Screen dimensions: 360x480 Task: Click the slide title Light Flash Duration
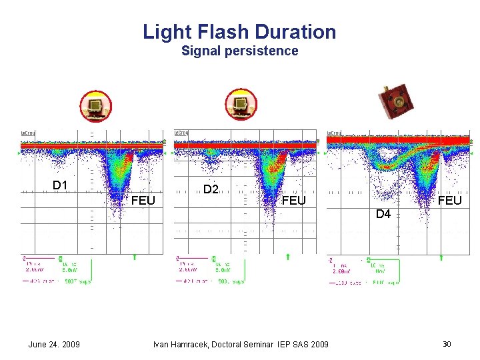pyautogui.click(x=239, y=31)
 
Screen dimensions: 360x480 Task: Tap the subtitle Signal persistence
pyautogui.click(x=239, y=51)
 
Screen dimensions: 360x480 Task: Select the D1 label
pyautogui.click(x=61, y=185)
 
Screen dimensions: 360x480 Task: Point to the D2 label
pyautogui.click(x=211, y=189)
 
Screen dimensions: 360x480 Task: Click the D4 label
pyautogui.click(x=383, y=214)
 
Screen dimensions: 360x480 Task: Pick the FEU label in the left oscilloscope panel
pyautogui.click(x=143, y=200)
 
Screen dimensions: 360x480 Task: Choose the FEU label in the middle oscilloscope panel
pyautogui.click(x=294, y=200)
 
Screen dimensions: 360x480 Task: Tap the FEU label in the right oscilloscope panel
pyautogui.click(x=450, y=200)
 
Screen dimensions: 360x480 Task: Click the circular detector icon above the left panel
pyautogui.click(x=96, y=106)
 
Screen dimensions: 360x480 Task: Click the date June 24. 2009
pyautogui.click(x=54, y=344)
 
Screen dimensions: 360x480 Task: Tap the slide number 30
pyautogui.click(x=447, y=344)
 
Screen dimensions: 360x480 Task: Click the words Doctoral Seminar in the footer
pyautogui.click(x=248, y=344)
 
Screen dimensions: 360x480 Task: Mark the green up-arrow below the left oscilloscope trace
pyautogui.click(x=135, y=257)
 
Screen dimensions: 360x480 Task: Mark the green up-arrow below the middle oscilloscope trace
pyautogui.click(x=287, y=257)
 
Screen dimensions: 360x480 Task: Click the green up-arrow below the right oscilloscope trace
pyautogui.click(x=441, y=257)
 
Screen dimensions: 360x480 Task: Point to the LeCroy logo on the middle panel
pyautogui.click(x=181, y=133)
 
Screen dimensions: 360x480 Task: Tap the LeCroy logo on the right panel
pyautogui.click(x=334, y=133)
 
